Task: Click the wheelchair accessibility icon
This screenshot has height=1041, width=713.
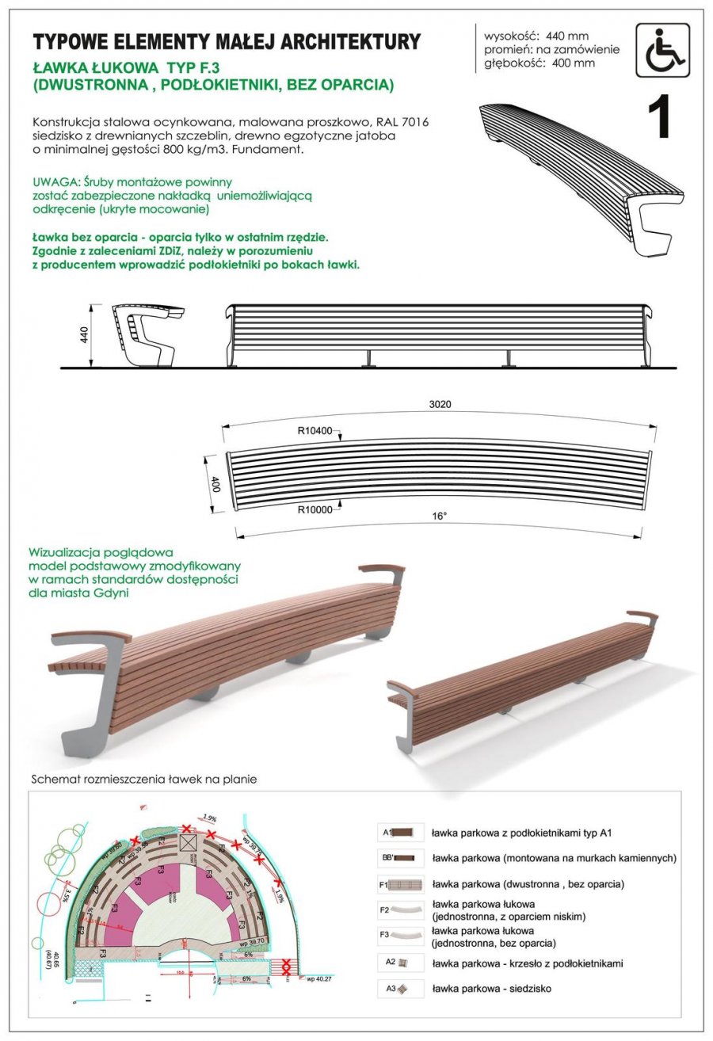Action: pos(662,50)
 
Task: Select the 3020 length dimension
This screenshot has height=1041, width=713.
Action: pos(440,404)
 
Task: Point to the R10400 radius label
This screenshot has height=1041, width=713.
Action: pos(314,433)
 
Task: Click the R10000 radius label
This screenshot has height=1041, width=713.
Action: pos(314,509)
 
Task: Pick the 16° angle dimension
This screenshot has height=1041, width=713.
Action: pos(440,516)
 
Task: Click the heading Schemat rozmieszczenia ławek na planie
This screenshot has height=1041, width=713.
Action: pos(143,779)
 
